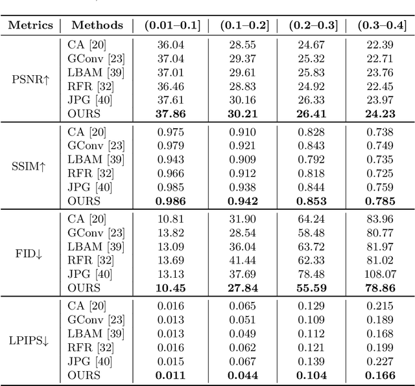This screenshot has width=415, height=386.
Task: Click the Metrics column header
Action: (30, 26)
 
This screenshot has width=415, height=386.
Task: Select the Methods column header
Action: (97, 26)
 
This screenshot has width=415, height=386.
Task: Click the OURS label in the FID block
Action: (84, 288)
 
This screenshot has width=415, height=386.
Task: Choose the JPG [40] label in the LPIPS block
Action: (89, 361)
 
